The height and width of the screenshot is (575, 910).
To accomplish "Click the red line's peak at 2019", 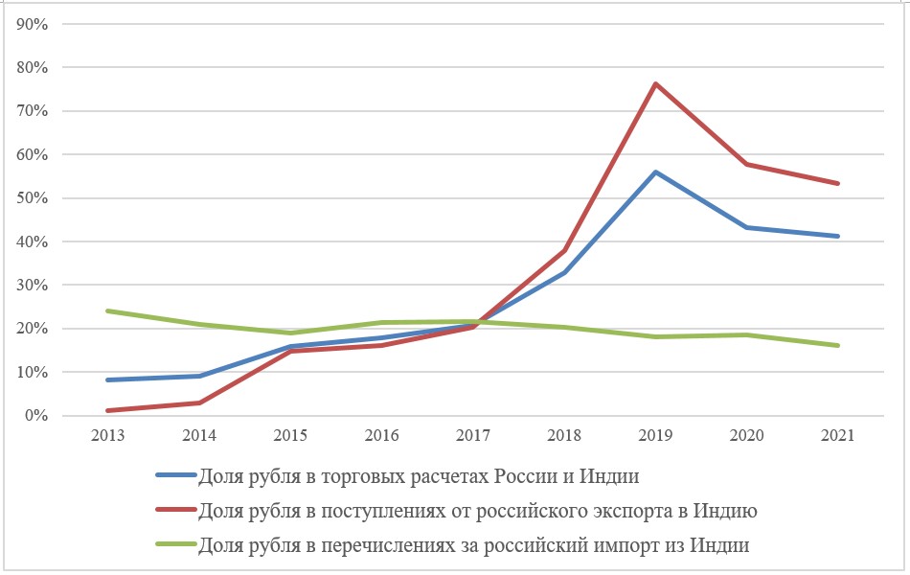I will (655, 84).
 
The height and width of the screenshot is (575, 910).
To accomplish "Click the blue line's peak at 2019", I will (655, 172).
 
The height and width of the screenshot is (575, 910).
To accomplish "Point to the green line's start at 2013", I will (107, 310).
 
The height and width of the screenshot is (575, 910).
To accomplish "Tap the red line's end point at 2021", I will (838, 183).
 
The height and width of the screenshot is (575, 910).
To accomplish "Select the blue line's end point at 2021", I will (838, 236).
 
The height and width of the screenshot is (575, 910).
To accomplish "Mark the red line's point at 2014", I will (198, 402).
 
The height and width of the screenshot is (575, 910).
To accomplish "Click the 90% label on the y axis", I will (32, 24).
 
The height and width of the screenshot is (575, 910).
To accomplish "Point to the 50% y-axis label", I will (32, 198).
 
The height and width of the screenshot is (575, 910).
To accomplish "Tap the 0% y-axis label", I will (35, 416).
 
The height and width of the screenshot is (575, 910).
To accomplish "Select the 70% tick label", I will (32, 111).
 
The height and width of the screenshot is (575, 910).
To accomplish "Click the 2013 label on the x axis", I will (107, 435).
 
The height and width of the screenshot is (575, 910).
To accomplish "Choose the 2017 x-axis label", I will (473, 435).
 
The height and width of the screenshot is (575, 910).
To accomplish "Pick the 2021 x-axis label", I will (838, 435).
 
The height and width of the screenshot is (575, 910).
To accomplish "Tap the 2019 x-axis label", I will (655, 435).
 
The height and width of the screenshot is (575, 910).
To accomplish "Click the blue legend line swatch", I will (174, 476).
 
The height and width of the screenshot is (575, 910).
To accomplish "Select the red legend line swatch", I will (174, 512).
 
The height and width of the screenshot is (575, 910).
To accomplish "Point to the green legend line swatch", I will (174, 546).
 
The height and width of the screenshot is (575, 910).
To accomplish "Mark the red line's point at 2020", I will (747, 165).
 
